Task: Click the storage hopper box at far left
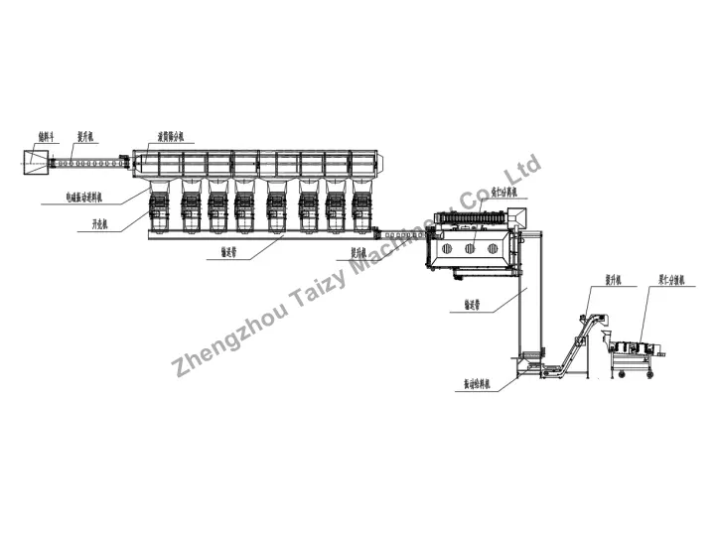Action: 34,163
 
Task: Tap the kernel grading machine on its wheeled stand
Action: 633,349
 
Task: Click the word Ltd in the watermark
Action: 523,169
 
